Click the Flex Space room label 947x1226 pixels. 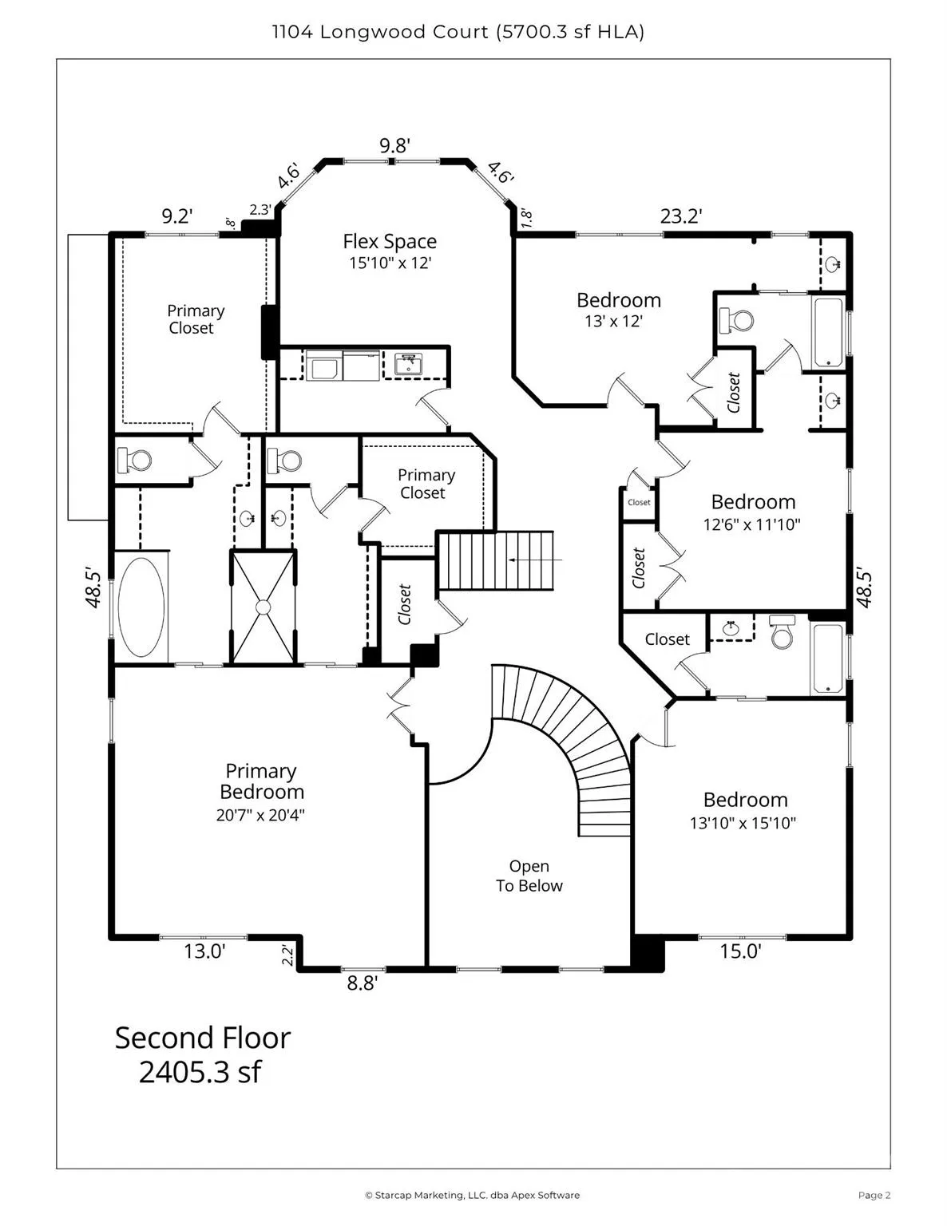[x=390, y=242]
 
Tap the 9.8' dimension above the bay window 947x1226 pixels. [x=394, y=146]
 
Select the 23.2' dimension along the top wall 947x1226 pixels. [x=681, y=216]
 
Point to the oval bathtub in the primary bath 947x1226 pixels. [x=141, y=607]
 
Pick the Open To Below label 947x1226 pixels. [x=529, y=876]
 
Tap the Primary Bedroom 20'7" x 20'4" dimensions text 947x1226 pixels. [x=260, y=815]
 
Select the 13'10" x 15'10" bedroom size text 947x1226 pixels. [x=743, y=823]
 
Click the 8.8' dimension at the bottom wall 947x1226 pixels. [x=362, y=983]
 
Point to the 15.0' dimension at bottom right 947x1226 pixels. [x=740, y=951]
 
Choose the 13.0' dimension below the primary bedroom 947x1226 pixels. [x=204, y=951]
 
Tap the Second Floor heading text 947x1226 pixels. [x=203, y=1038]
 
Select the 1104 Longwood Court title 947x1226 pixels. [x=380, y=32]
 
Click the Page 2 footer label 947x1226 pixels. [x=874, y=1195]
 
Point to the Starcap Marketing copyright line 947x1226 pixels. [x=473, y=1195]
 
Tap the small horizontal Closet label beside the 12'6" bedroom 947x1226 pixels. [x=639, y=502]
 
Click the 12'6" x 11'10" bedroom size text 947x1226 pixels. [x=751, y=524]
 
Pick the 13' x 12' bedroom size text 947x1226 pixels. [x=613, y=322]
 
